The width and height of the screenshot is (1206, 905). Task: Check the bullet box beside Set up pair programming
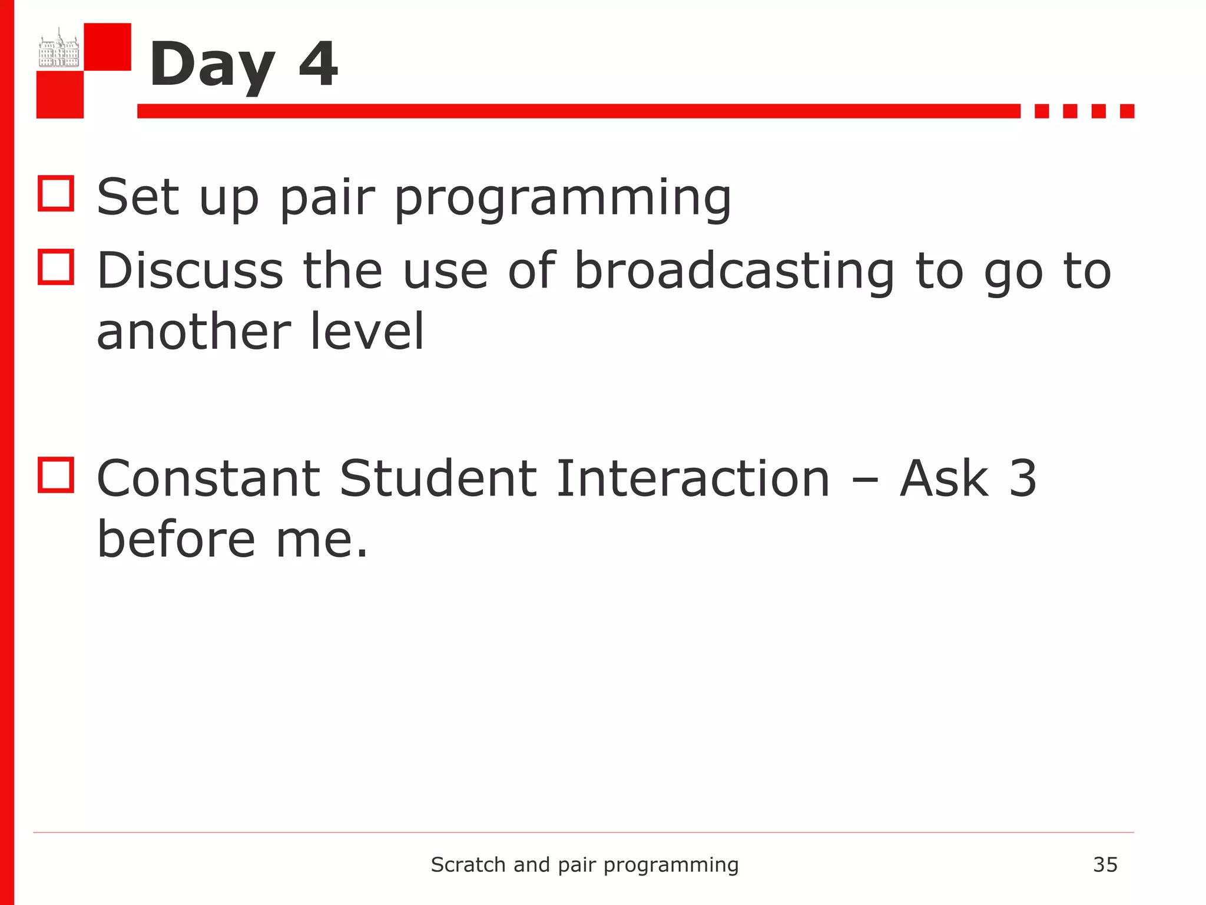pos(56,193)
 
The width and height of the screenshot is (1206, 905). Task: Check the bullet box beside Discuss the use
pos(56,267)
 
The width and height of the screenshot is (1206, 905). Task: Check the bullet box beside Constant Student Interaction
pos(56,475)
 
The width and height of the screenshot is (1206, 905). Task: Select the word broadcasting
pos(734,271)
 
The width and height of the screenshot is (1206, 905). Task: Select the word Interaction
pos(693,478)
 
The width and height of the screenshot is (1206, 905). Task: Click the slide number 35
pos(1105,865)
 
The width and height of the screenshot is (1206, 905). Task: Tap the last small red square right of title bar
pos(1127,111)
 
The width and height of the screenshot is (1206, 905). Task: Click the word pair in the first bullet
pos(327,199)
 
